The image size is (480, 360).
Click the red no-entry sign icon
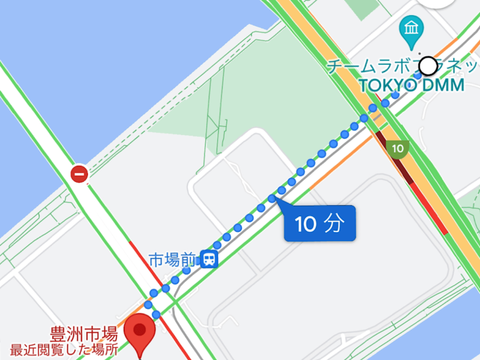pos(79,174)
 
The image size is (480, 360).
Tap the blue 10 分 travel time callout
pos(320,224)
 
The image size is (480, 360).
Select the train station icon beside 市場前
pos(209,259)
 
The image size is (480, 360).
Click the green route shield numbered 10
pos(397,149)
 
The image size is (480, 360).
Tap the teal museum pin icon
pos(412,30)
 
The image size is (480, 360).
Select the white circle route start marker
pos(428,65)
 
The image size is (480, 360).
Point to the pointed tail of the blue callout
pos(276,201)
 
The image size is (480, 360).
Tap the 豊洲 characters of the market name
pos(66,332)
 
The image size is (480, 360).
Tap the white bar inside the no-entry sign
pos(79,174)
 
